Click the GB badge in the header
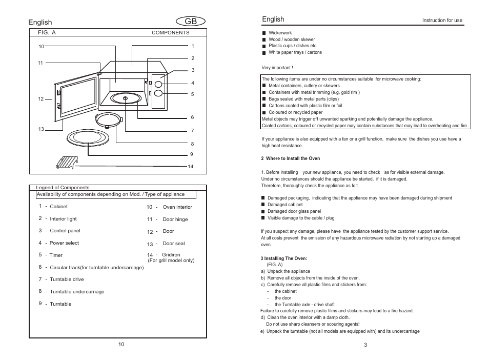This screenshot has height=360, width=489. (x=190, y=22)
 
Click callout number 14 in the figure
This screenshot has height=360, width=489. (x=190, y=167)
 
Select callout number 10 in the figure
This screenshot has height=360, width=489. (x=42, y=47)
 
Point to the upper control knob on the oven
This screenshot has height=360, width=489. (x=159, y=84)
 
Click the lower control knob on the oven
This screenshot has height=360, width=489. (x=159, y=93)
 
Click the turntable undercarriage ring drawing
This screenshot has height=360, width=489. (x=108, y=120)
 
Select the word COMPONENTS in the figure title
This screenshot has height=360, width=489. (x=170, y=33)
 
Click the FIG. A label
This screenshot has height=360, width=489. (x=47, y=32)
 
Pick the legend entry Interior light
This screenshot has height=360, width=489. (x=63, y=219)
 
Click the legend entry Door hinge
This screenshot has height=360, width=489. (x=175, y=219)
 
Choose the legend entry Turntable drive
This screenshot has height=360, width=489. (x=67, y=279)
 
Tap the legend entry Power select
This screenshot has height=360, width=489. (x=64, y=243)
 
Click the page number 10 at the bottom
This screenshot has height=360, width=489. (x=121, y=344)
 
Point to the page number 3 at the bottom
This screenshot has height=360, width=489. (x=365, y=345)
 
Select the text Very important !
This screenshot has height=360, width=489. (x=277, y=68)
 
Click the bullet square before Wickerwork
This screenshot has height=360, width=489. (x=264, y=33)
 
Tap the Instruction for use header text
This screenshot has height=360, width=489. (x=442, y=21)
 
